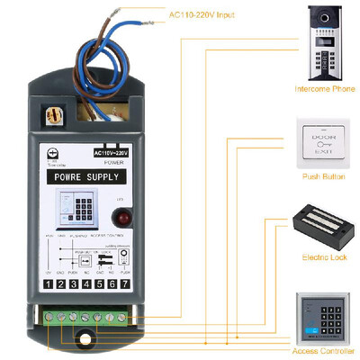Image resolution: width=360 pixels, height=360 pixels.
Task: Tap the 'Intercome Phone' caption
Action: [324, 89]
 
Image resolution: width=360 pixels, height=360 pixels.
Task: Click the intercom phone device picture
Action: [324, 43]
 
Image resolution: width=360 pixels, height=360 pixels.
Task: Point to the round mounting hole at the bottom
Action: [88, 339]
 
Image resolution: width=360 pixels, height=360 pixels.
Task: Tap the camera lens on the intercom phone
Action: [324, 17]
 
